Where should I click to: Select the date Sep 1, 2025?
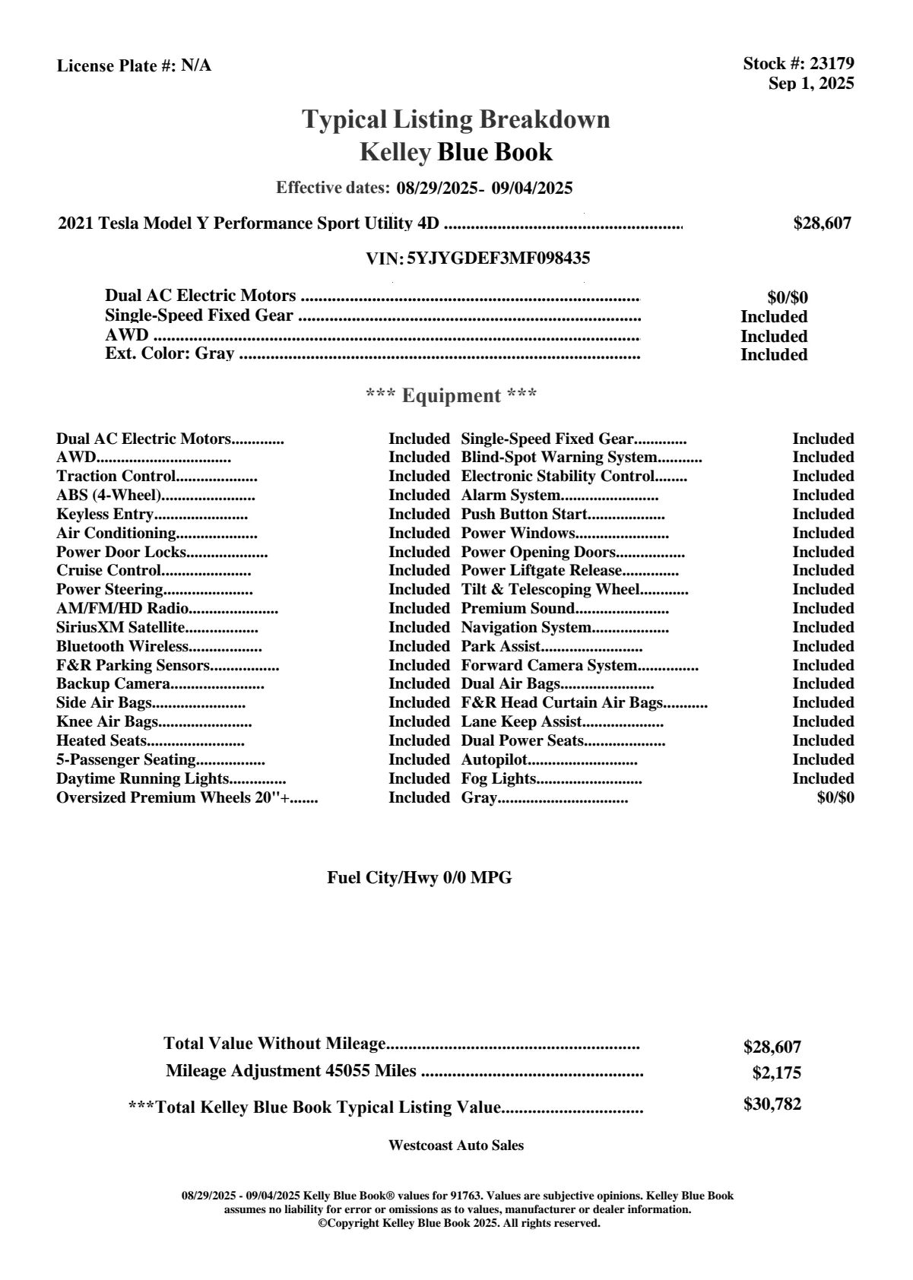810,84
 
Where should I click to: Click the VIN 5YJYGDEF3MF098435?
498,258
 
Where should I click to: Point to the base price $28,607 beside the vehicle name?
822,223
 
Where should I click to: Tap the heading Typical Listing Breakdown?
456,119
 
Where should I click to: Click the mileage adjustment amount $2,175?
776,1073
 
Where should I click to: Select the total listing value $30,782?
772,1104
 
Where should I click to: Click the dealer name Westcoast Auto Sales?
456,1145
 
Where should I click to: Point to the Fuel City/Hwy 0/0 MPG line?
420,878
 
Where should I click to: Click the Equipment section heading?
451,396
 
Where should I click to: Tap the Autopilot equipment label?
494,760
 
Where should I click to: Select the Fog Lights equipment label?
499,779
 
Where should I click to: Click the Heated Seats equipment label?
102,741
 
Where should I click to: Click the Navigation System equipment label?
526,628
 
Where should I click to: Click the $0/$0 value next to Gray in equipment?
835,798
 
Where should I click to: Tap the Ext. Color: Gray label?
170,354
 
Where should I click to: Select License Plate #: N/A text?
134,66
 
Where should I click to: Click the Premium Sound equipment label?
518,609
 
